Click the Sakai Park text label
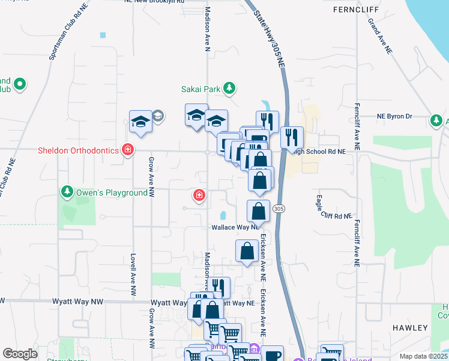(201, 89)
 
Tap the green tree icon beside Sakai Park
(229, 89)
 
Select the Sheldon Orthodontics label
(79, 150)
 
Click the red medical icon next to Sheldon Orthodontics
(127, 150)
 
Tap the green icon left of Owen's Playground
(67, 193)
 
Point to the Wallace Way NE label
(235, 227)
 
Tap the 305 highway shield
(278, 208)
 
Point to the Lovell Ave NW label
(133, 268)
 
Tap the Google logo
(20, 354)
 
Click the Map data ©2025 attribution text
(423, 356)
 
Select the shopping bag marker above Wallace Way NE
(258, 212)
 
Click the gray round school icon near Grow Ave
(158, 116)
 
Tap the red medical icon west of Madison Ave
(199, 195)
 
